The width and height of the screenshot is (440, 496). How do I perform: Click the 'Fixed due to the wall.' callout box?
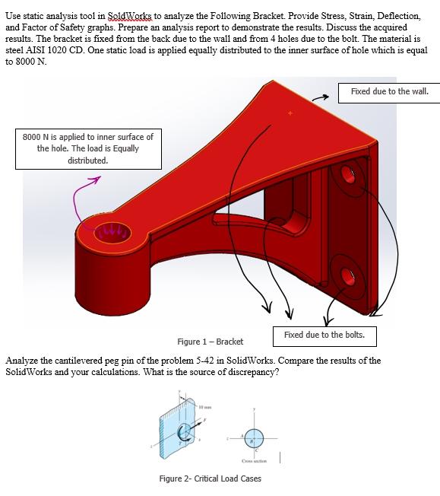pyautogui.click(x=389, y=92)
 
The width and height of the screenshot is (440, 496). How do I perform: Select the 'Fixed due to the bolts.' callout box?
pyautogui.click(x=324, y=335)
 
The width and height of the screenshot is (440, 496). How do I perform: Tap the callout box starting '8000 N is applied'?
pyautogui.click(x=88, y=148)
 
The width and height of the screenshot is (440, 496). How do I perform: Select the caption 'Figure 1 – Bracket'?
pyautogui.click(x=210, y=342)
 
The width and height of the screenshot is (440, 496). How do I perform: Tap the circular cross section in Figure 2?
pyautogui.click(x=253, y=437)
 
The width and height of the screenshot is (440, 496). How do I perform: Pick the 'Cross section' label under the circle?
pyautogui.click(x=252, y=460)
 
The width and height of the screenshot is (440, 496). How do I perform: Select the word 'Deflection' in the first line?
pyautogui.click(x=397, y=15)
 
